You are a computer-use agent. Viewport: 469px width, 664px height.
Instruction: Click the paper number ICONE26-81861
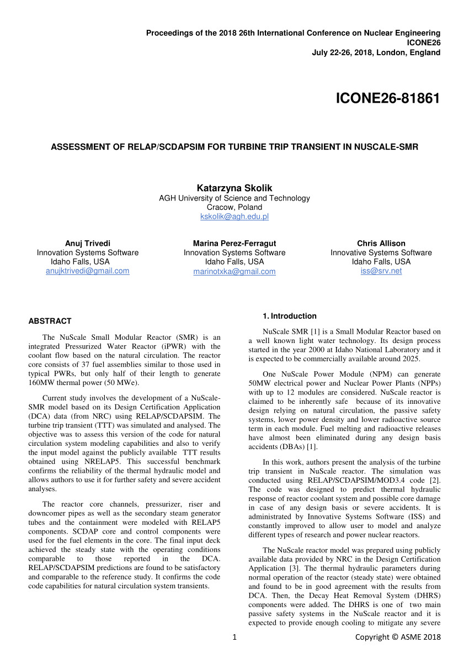pyautogui.click(x=388, y=99)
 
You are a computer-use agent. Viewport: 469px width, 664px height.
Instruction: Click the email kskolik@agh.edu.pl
pyautogui.click(x=234, y=217)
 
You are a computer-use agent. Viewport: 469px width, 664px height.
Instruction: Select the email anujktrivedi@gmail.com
pyautogui.click(x=88, y=271)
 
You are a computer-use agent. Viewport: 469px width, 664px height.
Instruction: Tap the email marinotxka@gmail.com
pyautogui.click(x=234, y=271)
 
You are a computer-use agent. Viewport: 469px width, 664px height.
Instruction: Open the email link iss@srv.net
pyautogui.click(x=381, y=271)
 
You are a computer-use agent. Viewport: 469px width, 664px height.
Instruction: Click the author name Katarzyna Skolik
pyautogui.click(x=234, y=188)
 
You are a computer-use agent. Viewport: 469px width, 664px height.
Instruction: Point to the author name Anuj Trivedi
pyautogui.click(x=88, y=243)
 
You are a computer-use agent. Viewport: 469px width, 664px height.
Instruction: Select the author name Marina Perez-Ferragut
pyautogui.click(x=234, y=243)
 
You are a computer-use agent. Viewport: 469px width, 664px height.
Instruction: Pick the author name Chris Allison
pyautogui.click(x=381, y=243)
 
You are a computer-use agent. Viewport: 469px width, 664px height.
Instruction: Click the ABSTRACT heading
pyautogui.click(x=50, y=321)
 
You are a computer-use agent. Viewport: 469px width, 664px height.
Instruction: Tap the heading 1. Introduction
pyautogui.click(x=290, y=316)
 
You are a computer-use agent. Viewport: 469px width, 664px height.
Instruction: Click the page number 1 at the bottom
pyautogui.click(x=234, y=637)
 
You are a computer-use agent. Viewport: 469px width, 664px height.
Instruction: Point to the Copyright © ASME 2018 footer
pyautogui.click(x=398, y=637)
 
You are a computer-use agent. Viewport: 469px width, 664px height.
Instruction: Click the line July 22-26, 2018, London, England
pyautogui.click(x=376, y=52)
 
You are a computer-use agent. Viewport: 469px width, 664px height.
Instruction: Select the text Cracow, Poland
pyautogui.click(x=234, y=207)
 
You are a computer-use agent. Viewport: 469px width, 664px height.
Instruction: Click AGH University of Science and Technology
pyautogui.click(x=234, y=198)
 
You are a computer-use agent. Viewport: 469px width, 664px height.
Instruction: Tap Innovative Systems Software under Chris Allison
pyautogui.click(x=381, y=252)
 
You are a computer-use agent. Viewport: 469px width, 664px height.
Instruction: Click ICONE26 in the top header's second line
pyautogui.click(x=423, y=43)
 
